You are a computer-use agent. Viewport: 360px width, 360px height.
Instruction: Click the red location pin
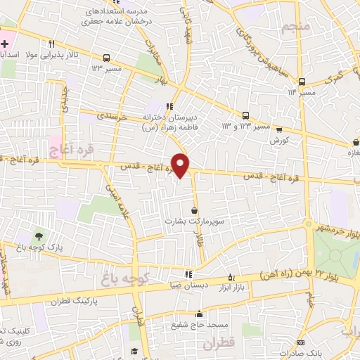pyautogui.click(x=181, y=165)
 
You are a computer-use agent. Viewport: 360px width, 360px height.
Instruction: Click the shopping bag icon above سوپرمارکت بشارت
pyautogui.click(x=194, y=210)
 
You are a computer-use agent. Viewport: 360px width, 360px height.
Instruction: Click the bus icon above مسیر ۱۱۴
pyautogui.click(x=302, y=81)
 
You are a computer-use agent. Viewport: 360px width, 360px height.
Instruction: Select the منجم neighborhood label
pyautogui.click(x=295, y=28)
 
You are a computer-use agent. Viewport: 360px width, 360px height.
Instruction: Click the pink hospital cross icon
pyautogui.click(x=5, y=44)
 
